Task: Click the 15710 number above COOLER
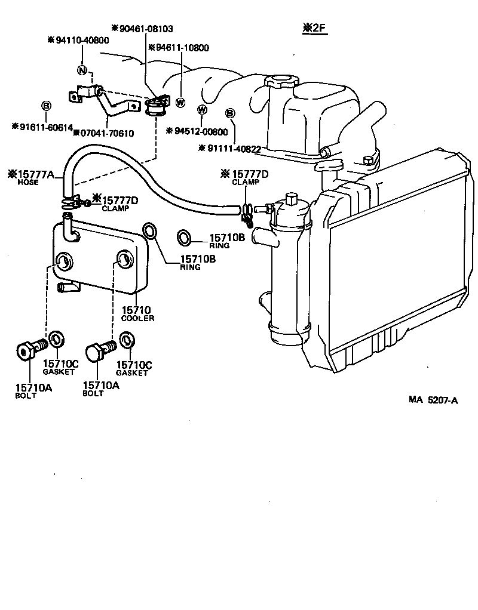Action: (x=136, y=310)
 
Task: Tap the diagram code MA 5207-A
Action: (x=433, y=400)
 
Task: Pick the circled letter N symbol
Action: (x=82, y=70)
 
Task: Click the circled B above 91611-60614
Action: (x=45, y=106)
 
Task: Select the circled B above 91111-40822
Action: (x=230, y=113)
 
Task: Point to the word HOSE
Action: (x=27, y=183)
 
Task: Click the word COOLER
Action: (x=137, y=318)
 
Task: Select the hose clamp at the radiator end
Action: (x=247, y=210)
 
